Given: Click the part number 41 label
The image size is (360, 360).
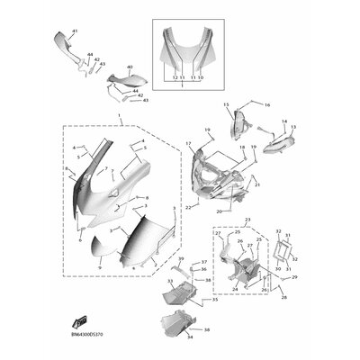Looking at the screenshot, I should (74, 32).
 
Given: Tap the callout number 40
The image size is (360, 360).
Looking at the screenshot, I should (130, 67).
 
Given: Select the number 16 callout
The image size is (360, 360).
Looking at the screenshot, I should (267, 105).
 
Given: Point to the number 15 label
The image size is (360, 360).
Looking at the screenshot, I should (226, 105).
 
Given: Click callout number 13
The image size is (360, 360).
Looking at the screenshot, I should (293, 128).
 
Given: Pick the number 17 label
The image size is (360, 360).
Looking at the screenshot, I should (188, 144).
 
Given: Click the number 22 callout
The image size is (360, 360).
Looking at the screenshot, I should (187, 206).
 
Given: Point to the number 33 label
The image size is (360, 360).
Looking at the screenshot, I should (168, 282).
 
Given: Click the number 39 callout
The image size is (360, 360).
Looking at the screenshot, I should (180, 259).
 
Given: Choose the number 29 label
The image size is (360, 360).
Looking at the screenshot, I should (294, 277).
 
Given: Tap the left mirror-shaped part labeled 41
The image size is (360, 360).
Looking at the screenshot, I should (59, 42).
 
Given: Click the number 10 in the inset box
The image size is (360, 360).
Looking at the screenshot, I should (201, 78).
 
